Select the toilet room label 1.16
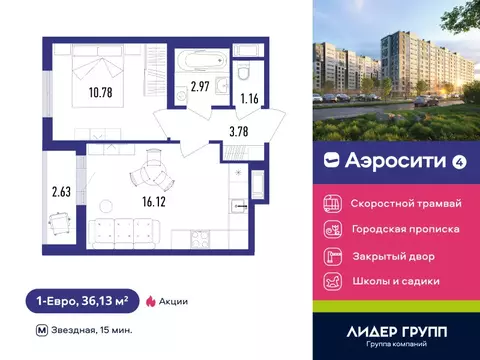point(249,98)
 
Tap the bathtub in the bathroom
point(192,61)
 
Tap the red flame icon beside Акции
point(151,300)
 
